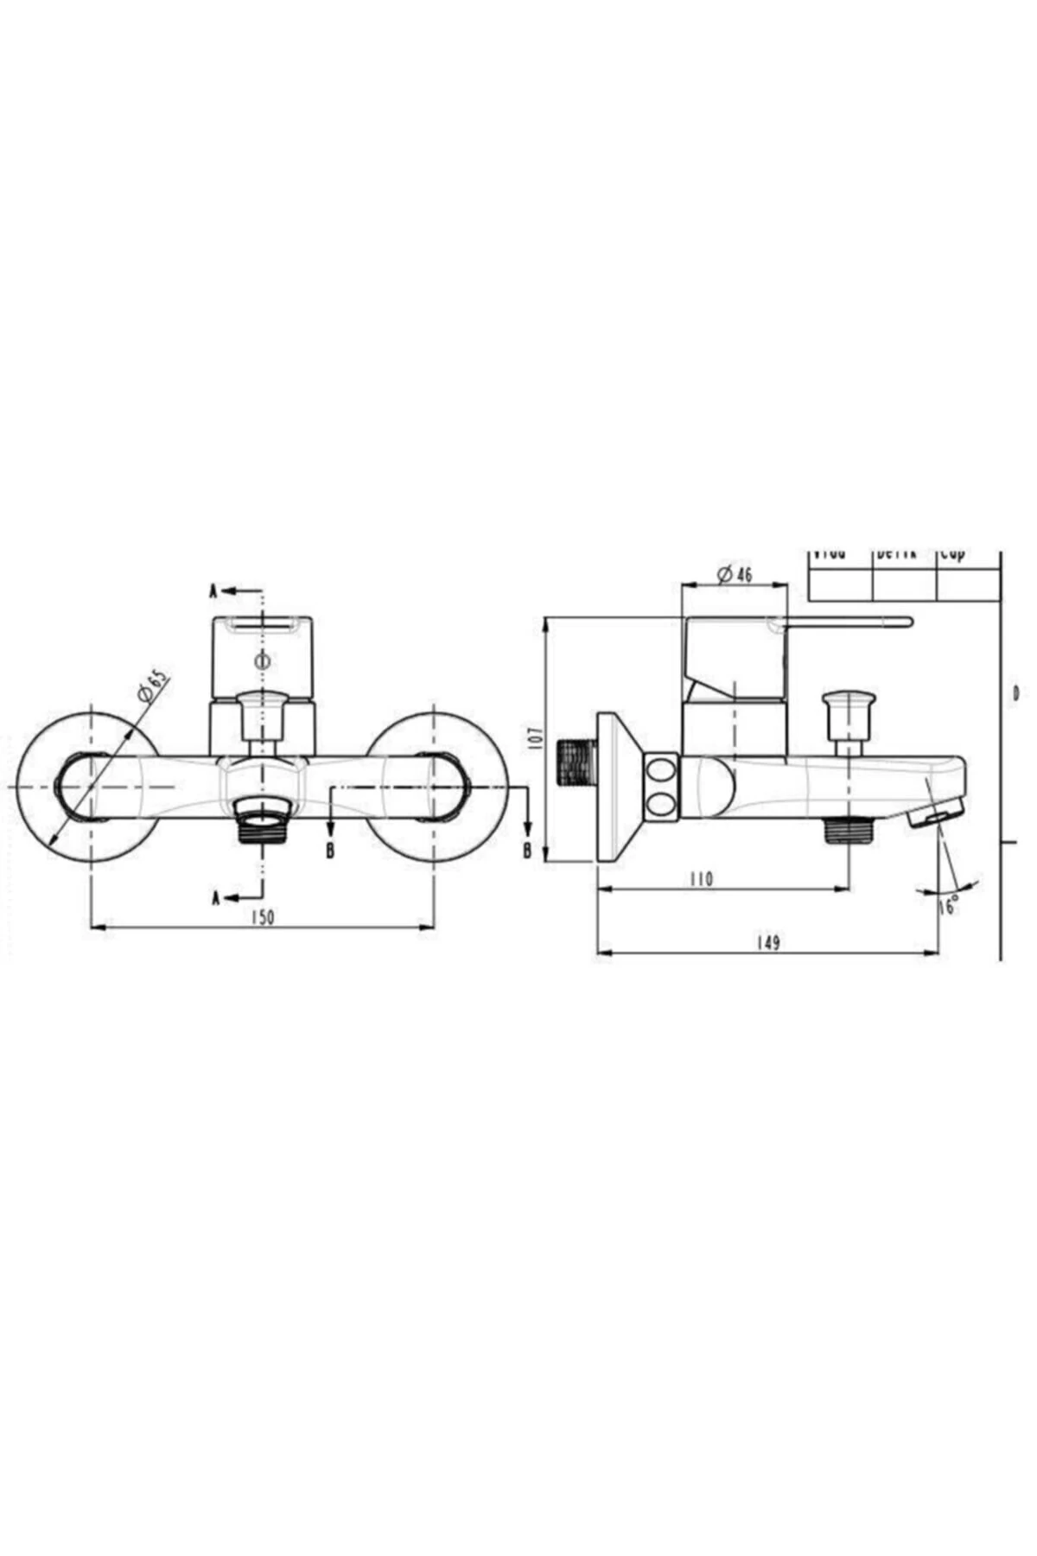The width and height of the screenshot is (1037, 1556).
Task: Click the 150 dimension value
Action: [263, 917]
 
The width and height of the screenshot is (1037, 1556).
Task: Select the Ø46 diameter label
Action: [735, 572]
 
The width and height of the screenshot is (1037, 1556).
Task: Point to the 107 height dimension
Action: [535, 737]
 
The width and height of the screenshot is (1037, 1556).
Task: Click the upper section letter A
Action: [213, 591]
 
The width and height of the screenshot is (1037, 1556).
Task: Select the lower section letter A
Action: [218, 898]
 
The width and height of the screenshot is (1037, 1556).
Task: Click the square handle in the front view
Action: [262, 655]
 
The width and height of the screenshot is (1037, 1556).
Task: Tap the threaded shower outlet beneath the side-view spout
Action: [849, 831]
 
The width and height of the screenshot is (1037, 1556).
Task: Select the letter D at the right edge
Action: [1016, 692]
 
